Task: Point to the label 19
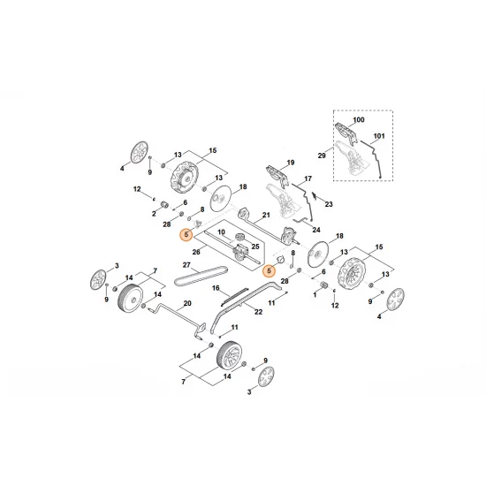click(x=287, y=164)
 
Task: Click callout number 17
click(x=308, y=179)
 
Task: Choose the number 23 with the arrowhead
click(x=329, y=205)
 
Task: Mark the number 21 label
click(x=262, y=218)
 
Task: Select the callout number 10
click(x=223, y=232)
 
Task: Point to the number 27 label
click(x=186, y=265)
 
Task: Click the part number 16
click(x=215, y=287)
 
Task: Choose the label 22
click(x=259, y=311)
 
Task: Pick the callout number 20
click(x=186, y=303)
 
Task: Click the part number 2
click(x=153, y=212)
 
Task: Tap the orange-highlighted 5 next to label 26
click(x=186, y=234)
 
